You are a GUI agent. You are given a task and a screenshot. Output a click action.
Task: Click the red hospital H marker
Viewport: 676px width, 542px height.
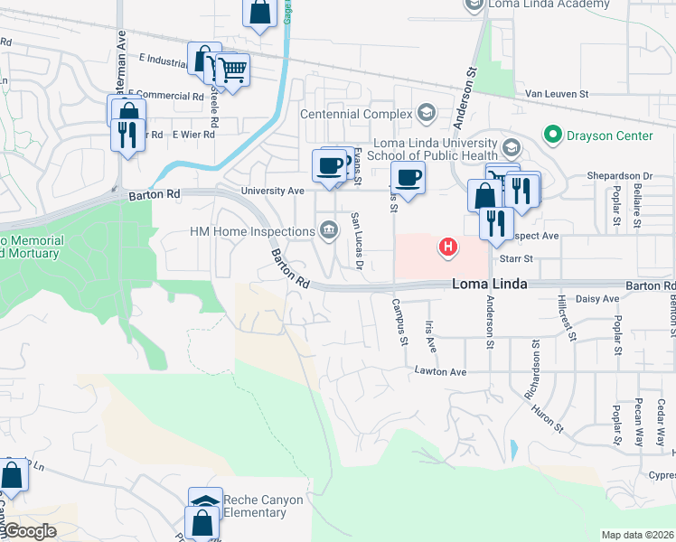446,246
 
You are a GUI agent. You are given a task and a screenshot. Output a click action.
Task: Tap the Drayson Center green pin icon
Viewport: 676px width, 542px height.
552,135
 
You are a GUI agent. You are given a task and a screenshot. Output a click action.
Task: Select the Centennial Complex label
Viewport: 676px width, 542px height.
355,114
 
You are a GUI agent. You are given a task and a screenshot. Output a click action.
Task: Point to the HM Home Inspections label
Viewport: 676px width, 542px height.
252,232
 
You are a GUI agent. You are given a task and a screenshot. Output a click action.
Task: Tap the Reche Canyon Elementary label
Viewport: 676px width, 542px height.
263,507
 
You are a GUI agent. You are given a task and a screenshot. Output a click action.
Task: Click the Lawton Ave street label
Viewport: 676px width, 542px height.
440,371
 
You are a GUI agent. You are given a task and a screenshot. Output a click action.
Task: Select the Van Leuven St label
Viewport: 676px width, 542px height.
557,94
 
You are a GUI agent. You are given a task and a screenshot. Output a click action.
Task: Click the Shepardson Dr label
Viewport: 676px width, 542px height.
620,176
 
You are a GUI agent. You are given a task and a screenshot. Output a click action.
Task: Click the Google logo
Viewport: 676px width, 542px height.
29,531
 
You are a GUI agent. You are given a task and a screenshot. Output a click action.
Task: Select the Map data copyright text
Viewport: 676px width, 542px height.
637,535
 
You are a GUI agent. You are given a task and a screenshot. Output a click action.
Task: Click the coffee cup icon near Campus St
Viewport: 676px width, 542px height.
407,177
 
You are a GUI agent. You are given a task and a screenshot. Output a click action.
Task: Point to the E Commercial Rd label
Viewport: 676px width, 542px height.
167,95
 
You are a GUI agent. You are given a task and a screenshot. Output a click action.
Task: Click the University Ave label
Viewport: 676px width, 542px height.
272,192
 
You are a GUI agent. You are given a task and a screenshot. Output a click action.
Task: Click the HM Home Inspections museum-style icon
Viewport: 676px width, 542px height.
328,231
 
